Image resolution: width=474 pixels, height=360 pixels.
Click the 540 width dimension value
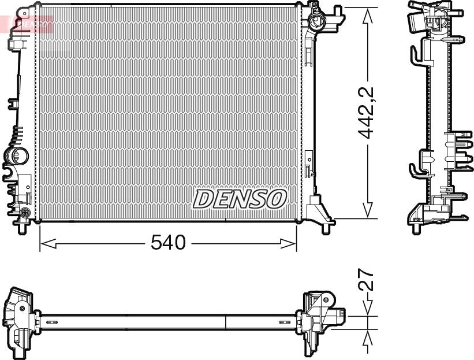click(x=168, y=243)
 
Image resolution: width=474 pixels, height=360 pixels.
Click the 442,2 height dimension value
click(x=366, y=113)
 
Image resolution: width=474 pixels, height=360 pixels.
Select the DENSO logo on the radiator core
click(x=240, y=199)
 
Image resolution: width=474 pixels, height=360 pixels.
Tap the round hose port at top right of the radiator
click(x=316, y=22)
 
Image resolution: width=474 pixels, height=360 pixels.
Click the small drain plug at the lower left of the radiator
click(x=25, y=212)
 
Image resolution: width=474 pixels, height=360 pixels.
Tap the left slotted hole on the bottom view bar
click(x=51, y=322)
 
